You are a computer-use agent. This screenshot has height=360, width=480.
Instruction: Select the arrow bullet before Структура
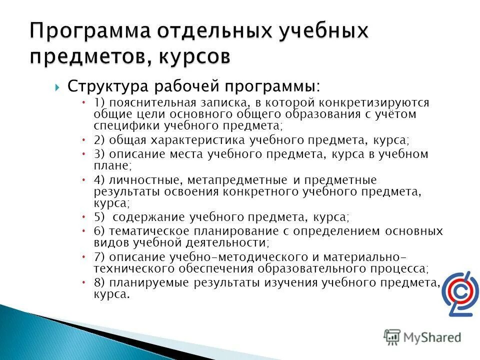pyautogui.click(x=57, y=87)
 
